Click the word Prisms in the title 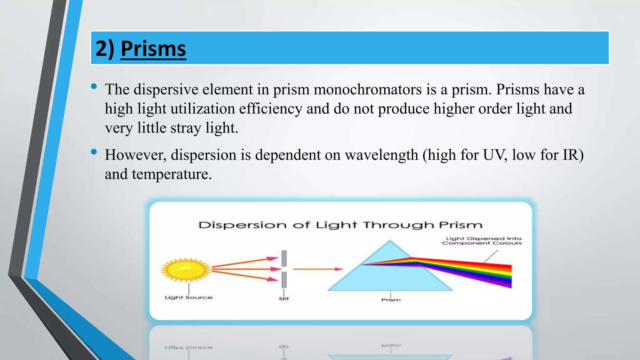153,49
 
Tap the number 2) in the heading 105,49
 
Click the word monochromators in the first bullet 367,90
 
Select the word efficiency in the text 270,109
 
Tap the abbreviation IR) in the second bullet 573,155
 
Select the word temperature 172,174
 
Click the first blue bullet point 94,87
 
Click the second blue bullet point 94,152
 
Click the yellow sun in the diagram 186,269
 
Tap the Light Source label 188,297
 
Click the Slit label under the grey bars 283,299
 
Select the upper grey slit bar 284,258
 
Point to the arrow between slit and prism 317,269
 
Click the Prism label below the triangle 391,300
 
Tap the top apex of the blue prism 390,242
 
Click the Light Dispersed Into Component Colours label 482,241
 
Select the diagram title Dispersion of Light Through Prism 340,225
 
